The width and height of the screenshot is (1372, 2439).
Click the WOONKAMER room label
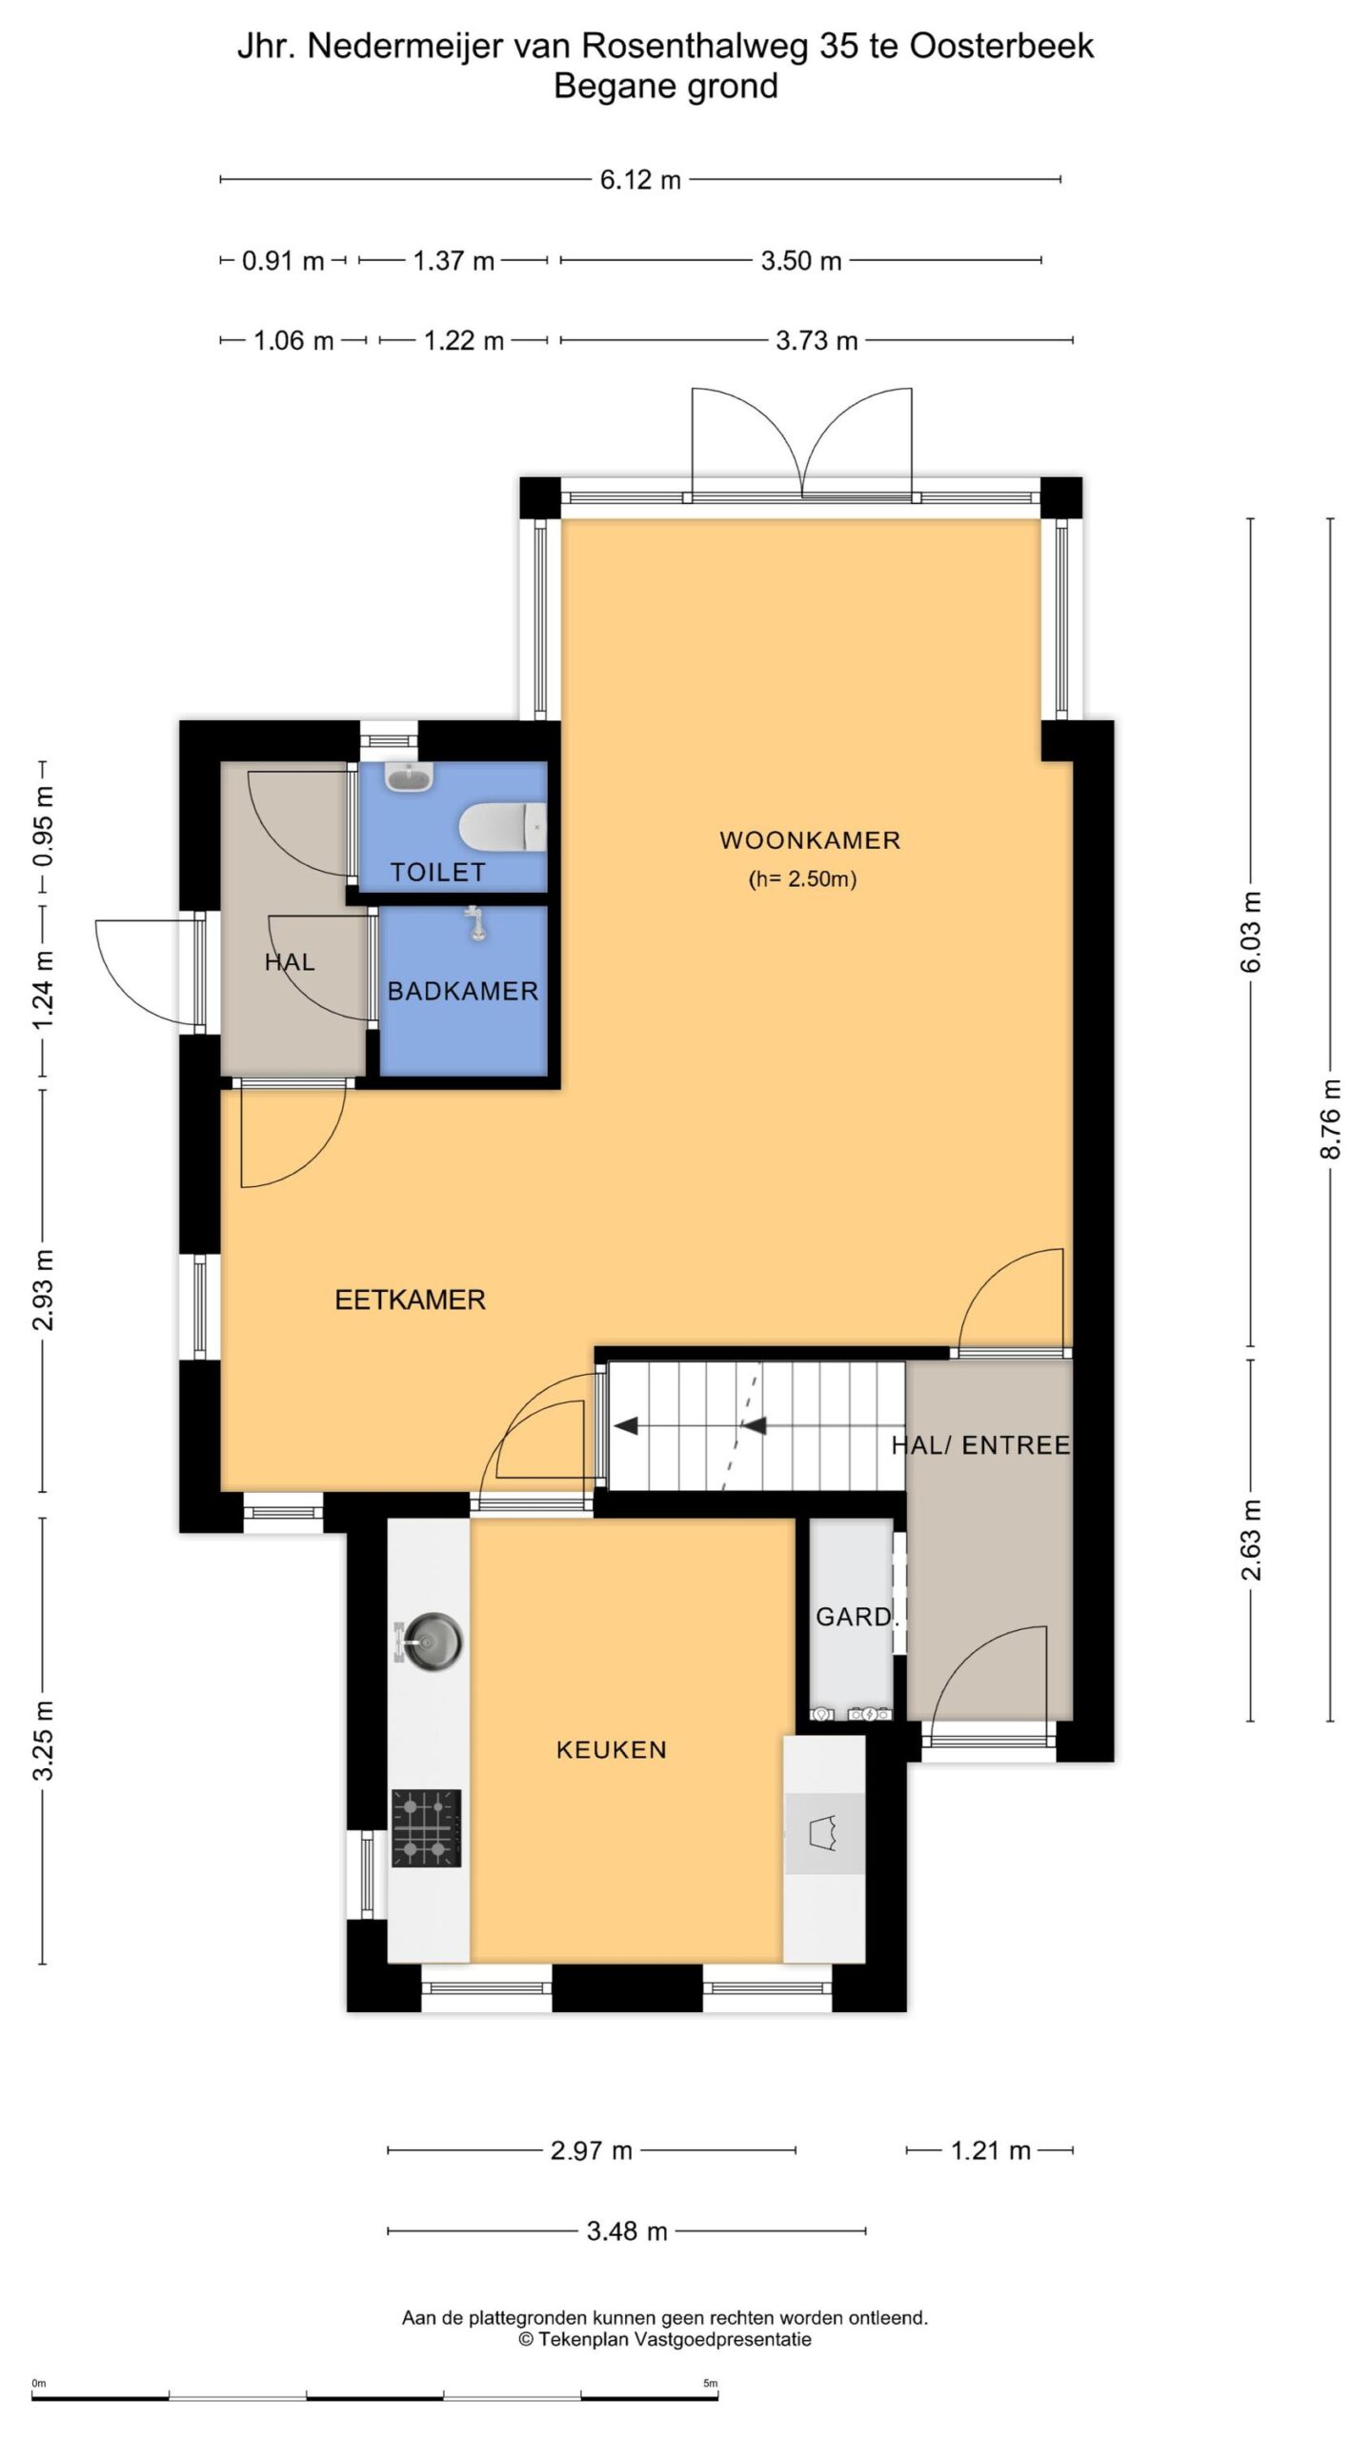(810, 840)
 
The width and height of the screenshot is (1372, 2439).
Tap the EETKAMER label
(410, 1300)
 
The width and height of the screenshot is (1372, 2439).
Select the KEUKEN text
(611, 1749)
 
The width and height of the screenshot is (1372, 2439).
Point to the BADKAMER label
(463, 991)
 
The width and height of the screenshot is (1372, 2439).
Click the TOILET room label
(438, 872)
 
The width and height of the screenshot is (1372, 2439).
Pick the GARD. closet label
(857, 1616)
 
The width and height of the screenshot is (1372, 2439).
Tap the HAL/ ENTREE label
(980, 1445)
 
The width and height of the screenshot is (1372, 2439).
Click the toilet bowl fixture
(503, 826)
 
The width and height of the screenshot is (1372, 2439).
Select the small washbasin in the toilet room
(410, 776)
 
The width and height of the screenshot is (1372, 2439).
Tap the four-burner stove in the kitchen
(426, 1827)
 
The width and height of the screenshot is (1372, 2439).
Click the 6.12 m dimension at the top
(640, 179)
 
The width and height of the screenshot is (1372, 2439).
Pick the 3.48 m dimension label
(627, 2230)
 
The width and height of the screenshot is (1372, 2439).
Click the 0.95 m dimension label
(43, 827)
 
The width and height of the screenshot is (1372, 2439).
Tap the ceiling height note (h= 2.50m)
(802, 878)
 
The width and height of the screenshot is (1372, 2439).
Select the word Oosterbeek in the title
(1001, 46)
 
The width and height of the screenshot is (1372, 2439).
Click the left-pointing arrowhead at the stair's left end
(625, 1426)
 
